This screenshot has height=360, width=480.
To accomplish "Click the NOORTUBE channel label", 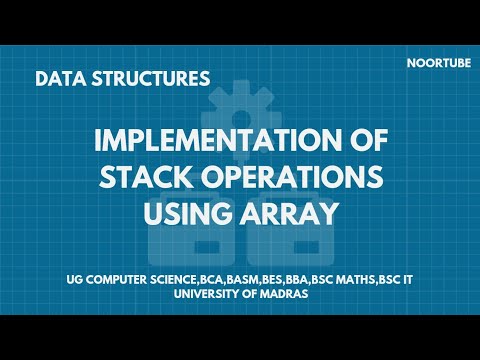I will pyautogui.click(x=434, y=60).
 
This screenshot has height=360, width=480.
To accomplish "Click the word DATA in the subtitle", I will pyautogui.click(x=56, y=77).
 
